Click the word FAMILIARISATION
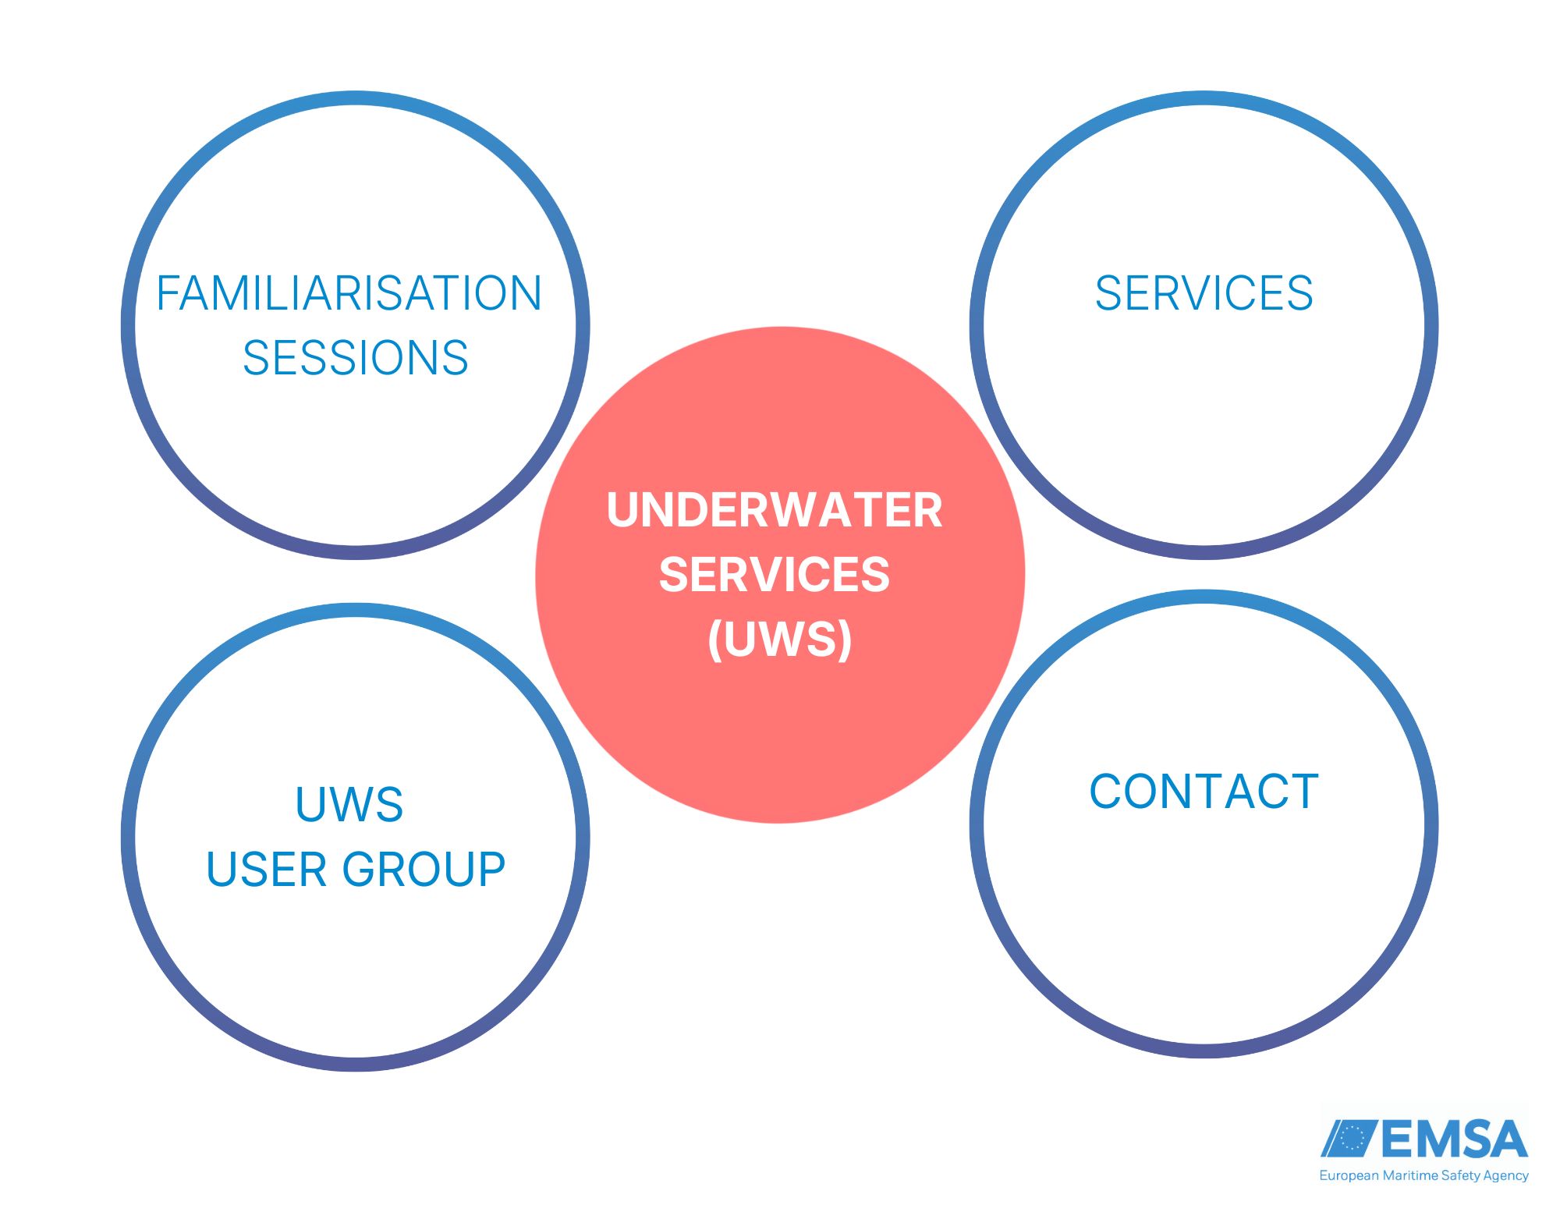349,293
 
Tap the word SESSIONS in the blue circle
355,358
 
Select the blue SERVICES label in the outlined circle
1204,293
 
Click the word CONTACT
1204,792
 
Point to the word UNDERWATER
775,510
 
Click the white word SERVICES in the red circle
775,575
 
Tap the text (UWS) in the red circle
779,640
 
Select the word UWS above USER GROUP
349,804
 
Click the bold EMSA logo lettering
1454,1139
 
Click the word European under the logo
1349,1176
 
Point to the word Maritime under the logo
1409,1176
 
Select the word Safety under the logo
1460,1176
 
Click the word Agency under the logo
1506,1176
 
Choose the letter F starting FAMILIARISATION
168,293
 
